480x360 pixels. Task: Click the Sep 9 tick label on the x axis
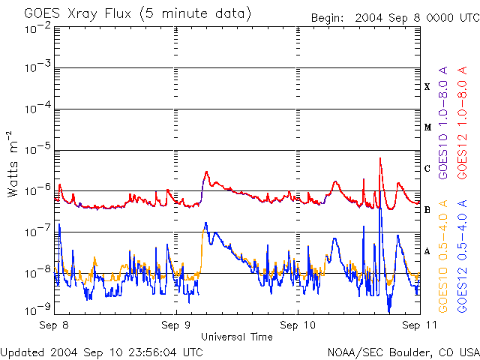(x=176, y=325)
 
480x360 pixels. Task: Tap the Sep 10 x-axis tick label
(x=298, y=325)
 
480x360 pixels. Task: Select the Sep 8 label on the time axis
(x=55, y=325)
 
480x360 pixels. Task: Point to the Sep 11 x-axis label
(x=415, y=325)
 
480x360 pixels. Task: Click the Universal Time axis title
(x=236, y=337)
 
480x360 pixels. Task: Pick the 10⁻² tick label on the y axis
(x=37, y=28)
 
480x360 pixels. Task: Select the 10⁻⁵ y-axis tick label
(x=37, y=149)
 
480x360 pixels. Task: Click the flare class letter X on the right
(x=427, y=87)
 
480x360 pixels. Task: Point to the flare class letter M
(x=427, y=127)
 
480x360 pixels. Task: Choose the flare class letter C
(x=427, y=168)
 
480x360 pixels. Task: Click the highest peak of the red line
(x=381, y=159)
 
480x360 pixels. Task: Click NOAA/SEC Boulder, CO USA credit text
(x=403, y=352)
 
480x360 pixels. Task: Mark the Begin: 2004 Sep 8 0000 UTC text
(x=394, y=16)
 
